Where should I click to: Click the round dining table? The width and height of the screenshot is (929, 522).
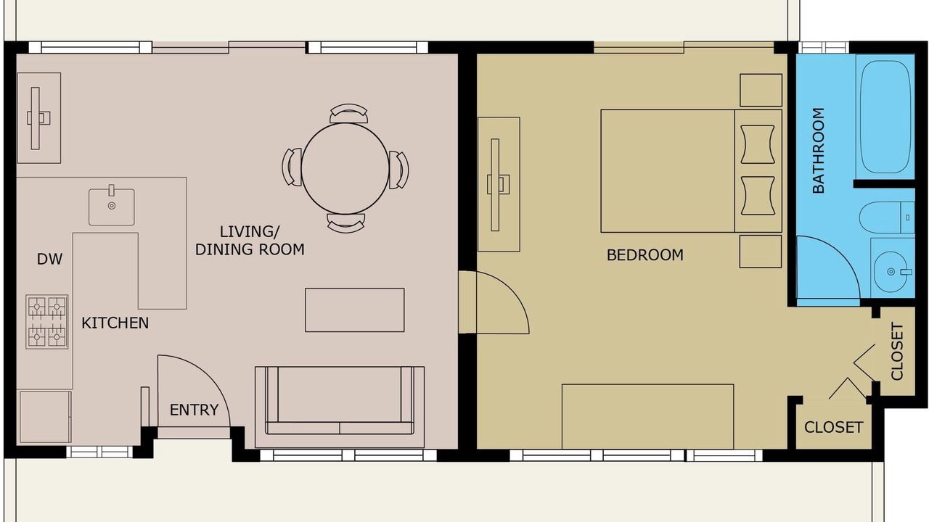(345, 169)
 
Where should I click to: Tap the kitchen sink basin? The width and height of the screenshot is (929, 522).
(112, 207)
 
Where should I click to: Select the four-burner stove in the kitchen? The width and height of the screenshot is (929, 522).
(47, 322)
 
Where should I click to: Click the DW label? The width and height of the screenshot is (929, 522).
(50, 260)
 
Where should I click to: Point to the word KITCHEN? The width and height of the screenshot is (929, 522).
(115, 323)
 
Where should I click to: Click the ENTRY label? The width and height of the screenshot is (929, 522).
(194, 410)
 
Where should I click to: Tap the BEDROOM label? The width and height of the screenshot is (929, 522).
(645, 255)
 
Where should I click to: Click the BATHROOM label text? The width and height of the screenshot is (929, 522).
(818, 150)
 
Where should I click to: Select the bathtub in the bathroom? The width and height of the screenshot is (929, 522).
(885, 117)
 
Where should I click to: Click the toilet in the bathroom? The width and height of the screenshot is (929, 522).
(886, 217)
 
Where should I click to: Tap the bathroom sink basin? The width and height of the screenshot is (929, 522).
(891, 272)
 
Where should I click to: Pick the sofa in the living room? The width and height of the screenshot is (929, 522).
(339, 407)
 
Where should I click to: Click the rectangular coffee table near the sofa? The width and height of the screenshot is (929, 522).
(355, 310)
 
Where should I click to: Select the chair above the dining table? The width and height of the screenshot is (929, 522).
(349, 113)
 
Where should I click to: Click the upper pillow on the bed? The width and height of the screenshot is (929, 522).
(758, 144)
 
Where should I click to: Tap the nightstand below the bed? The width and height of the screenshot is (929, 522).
(761, 252)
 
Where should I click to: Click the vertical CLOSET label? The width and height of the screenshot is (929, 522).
(897, 352)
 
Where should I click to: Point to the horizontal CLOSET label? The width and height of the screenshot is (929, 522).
(834, 428)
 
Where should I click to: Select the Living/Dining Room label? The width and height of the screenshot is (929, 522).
(250, 241)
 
